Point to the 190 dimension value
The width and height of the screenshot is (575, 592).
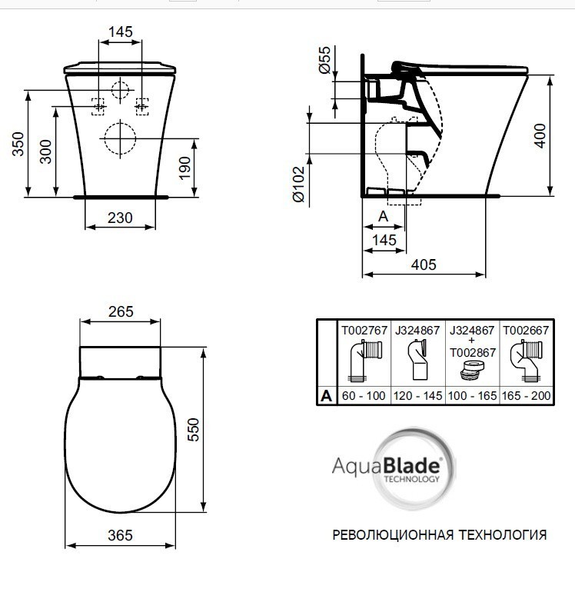point(185,166)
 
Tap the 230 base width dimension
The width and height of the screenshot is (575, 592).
point(120,218)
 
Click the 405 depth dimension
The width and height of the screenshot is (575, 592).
point(423,264)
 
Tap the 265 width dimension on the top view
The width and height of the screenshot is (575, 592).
point(121,311)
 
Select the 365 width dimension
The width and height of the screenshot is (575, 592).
point(121,534)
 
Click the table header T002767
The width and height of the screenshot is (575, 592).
point(364,331)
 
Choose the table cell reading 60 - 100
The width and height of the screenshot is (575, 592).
point(364,396)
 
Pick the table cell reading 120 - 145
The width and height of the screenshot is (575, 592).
point(418,396)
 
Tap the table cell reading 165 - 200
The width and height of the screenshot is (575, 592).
point(526,396)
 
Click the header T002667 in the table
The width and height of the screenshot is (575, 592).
point(526,331)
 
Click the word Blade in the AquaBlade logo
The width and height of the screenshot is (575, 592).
point(414,465)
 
